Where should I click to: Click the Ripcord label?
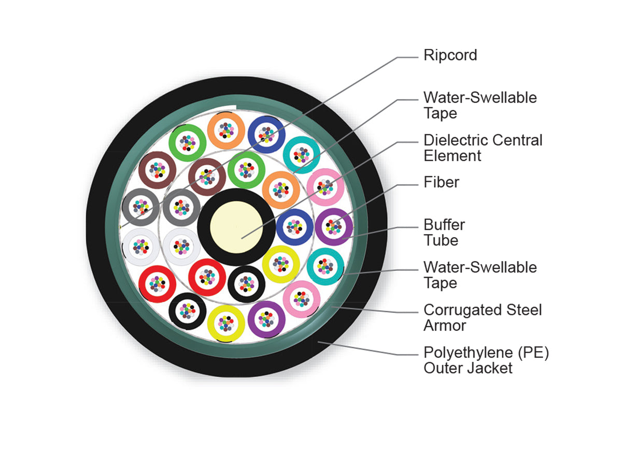click(450, 55)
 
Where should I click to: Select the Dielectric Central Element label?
click(483, 148)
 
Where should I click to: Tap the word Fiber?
click(441, 182)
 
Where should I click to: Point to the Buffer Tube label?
click(444, 232)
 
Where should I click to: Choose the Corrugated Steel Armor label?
click(483, 317)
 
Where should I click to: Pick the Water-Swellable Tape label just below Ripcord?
click(480, 105)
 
